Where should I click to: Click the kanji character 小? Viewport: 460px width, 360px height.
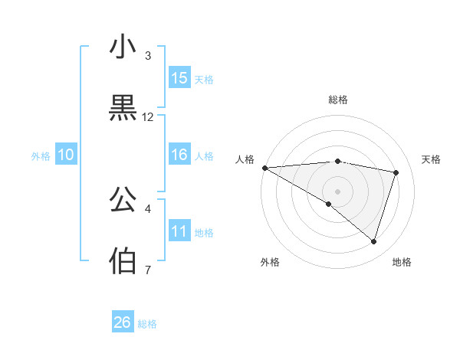[x=123, y=47]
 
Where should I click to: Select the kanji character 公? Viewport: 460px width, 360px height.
[x=123, y=201]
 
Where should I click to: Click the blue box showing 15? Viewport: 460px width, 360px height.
[x=179, y=78]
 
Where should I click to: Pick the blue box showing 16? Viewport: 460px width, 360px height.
[x=179, y=155]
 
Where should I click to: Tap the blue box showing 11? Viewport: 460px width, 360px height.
[x=179, y=231]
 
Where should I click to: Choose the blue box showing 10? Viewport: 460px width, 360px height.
[x=66, y=155]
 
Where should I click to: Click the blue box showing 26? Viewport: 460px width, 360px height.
[x=123, y=322]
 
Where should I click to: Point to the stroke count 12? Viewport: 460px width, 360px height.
[x=148, y=117]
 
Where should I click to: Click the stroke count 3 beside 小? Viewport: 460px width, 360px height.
[x=148, y=56]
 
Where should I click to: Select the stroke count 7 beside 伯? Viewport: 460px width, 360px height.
[x=148, y=270]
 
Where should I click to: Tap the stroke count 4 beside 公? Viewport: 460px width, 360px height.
[x=148, y=208]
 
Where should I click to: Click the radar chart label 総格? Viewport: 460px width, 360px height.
[x=338, y=100]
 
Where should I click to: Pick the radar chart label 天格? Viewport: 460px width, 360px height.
[x=432, y=159]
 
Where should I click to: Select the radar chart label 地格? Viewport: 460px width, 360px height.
[x=402, y=262]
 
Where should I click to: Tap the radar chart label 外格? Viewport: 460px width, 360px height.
[x=270, y=262]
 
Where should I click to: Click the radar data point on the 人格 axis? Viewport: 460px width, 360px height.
[x=264, y=167]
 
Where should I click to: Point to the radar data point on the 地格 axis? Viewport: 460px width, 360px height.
[x=373, y=242]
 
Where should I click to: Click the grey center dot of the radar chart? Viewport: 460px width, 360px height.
[x=337, y=191]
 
